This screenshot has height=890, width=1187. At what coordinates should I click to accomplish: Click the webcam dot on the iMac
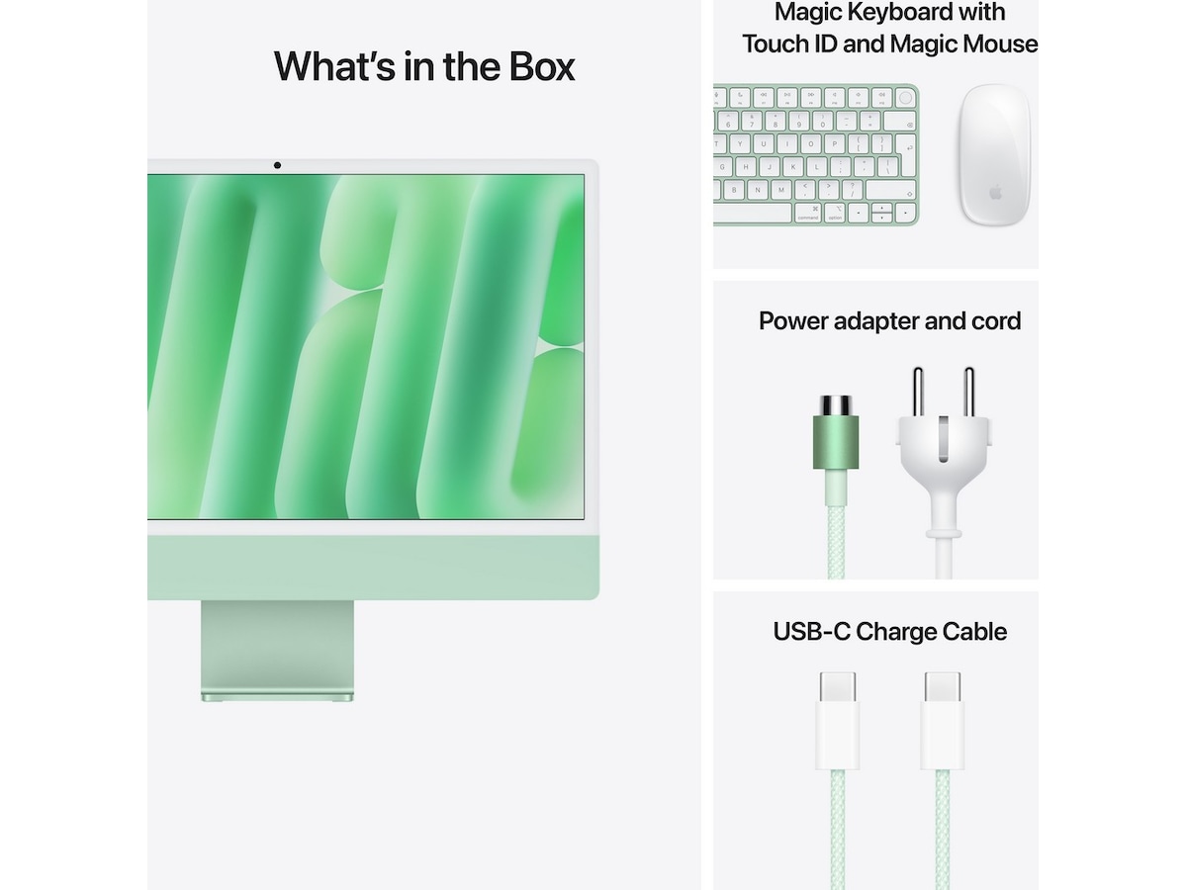pyautogui.click(x=277, y=165)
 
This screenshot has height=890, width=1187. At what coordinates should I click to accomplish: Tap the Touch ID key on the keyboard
pyautogui.click(x=905, y=98)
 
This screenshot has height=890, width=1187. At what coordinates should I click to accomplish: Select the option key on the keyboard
pyautogui.click(x=835, y=214)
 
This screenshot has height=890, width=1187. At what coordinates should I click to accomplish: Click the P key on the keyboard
pyautogui.click(x=835, y=144)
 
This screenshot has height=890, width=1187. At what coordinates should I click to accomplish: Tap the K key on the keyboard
pyautogui.click(x=793, y=167)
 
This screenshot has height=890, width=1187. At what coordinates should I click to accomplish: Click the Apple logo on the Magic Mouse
pyautogui.click(x=995, y=192)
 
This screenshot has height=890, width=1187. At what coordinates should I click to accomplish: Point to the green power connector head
pyautogui.click(x=836, y=432)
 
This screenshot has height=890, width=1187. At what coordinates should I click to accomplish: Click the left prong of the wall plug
pyautogui.click(x=918, y=392)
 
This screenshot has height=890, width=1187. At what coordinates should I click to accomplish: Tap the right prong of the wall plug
pyautogui.click(x=969, y=392)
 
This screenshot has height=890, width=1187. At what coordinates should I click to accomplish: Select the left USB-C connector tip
pyautogui.click(x=837, y=687)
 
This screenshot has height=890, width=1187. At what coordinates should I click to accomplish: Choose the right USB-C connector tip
pyautogui.click(x=943, y=687)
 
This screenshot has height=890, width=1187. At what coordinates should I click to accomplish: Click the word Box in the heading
pyautogui.click(x=542, y=66)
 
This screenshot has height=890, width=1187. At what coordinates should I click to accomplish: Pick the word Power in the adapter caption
pyautogui.click(x=792, y=321)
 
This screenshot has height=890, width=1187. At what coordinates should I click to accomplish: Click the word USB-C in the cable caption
pyautogui.click(x=812, y=632)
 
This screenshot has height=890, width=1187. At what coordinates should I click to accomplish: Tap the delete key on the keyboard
pyautogui.click(x=899, y=122)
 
